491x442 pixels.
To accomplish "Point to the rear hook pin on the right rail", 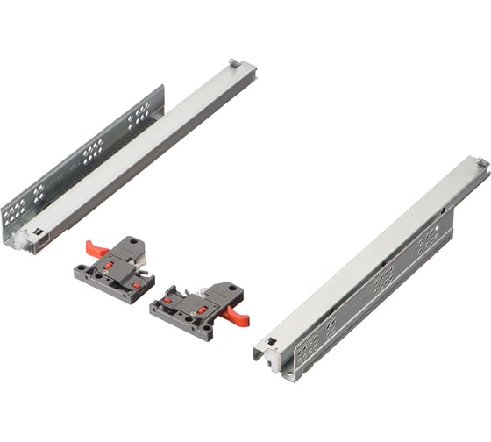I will [480, 163].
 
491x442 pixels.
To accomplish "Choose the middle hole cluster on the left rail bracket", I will [92, 155].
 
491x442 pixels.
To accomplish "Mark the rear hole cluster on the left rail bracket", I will [139, 114].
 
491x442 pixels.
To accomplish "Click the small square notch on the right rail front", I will [272, 342].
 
